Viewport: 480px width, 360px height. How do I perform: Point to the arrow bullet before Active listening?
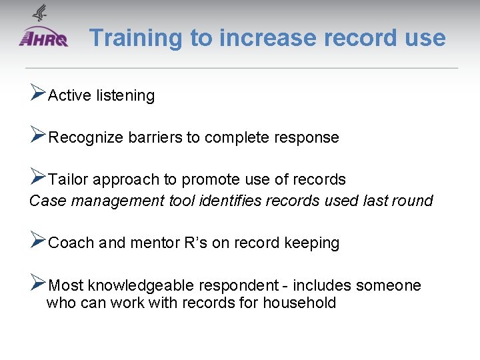pyautogui.click(x=38, y=94)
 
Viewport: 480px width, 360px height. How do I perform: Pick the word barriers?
pyautogui.click(x=155, y=138)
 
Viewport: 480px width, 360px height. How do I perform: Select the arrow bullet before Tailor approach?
pyautogui.click(x=38, y=178)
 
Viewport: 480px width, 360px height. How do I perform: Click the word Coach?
pyautogui.click(x=71, y=243)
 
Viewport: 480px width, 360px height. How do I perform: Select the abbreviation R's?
pyautogui.click(x=195, y=243)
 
